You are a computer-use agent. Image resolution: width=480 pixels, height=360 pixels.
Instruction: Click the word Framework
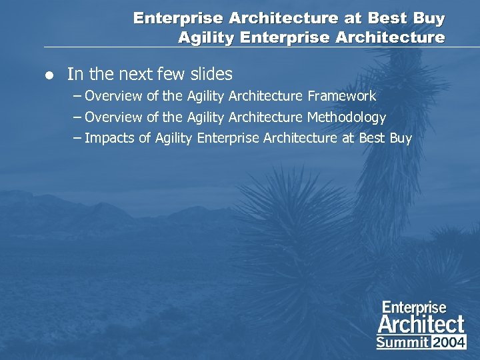point(341,96)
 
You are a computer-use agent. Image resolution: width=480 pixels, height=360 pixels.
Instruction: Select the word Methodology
point(346,118)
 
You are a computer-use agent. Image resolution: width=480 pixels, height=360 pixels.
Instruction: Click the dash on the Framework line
point(77,96)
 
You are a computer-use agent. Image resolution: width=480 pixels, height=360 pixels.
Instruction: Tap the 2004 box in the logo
point(449,342)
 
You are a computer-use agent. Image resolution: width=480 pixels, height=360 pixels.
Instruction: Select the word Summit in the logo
point(403,342)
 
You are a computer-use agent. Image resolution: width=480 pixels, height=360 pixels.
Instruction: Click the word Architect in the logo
point(421,325)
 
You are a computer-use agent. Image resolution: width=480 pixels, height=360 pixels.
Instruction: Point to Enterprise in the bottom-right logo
point(414,307)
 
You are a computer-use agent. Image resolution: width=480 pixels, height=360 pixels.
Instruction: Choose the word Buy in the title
point(429,18)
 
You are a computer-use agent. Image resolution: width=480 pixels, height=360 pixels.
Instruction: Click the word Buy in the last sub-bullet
point(400,139)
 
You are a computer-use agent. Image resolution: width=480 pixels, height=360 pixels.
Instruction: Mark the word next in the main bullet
point(117,74)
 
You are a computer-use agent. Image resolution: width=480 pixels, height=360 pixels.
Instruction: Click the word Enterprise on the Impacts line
point(228,139)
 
